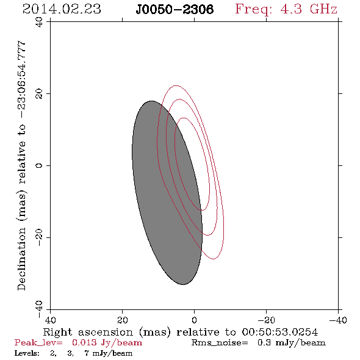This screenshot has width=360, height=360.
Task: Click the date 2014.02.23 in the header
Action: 62,9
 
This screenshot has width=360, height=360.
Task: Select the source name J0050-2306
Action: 175,9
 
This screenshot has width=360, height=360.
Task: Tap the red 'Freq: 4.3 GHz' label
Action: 286,10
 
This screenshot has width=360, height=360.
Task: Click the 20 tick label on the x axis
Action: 122,320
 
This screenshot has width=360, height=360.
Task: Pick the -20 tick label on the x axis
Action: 266,320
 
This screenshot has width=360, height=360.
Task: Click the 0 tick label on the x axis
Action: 194,320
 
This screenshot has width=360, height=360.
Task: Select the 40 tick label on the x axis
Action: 50,320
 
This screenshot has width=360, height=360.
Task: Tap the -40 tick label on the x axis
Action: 338,320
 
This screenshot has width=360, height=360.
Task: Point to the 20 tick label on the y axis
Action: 39,94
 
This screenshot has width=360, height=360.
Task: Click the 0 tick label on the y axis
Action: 39,165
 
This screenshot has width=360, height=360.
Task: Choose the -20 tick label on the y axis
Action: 39,237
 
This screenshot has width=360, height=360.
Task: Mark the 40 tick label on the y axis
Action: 39,22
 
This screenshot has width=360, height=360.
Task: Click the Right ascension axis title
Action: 180,332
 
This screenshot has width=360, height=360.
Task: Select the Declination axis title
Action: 21,165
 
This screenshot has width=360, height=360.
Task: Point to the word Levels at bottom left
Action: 27,353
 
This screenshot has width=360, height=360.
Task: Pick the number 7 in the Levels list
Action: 87,353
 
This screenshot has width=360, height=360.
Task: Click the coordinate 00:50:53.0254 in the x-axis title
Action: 279,332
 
